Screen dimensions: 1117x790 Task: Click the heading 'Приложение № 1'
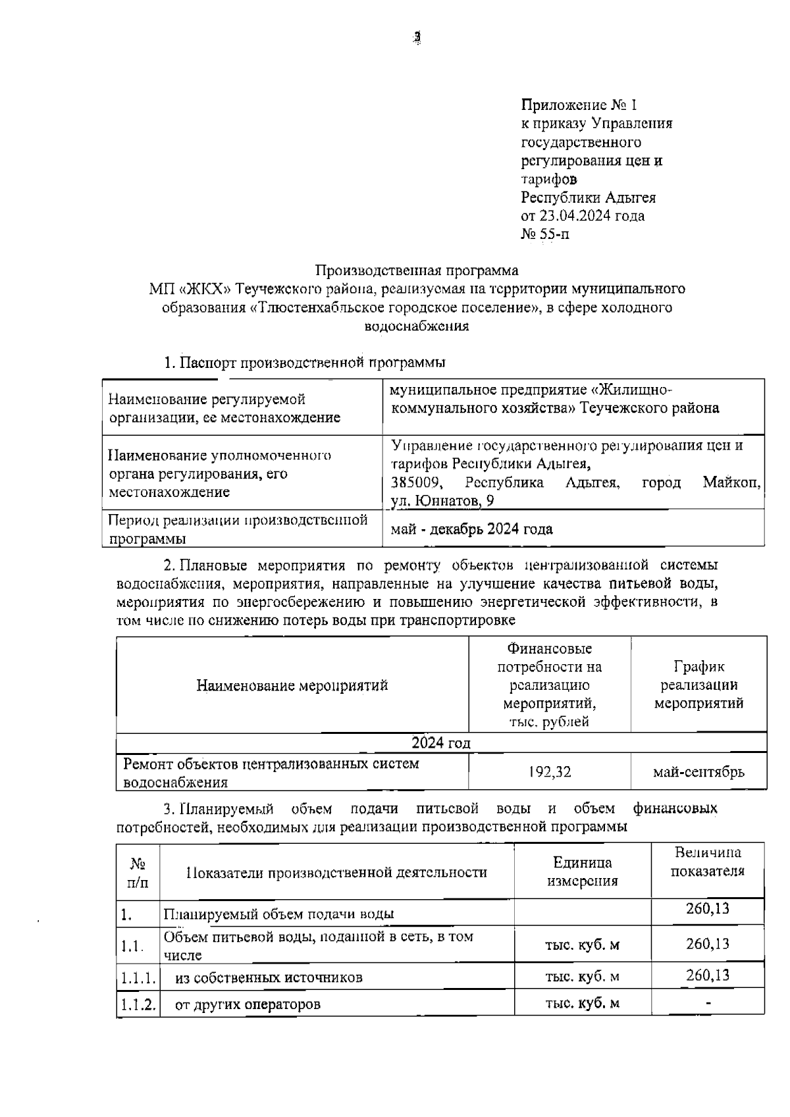[579, 105]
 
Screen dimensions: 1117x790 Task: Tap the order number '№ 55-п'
[545, 234]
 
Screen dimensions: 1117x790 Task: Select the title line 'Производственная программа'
[417, 270]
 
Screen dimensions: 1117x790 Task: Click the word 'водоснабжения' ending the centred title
[417, 325]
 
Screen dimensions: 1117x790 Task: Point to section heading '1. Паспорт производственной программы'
[304, 362]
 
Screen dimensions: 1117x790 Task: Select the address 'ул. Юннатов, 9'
[442, 501]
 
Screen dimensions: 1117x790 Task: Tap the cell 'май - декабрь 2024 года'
[471, 529]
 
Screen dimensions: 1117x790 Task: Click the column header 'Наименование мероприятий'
[292, 685]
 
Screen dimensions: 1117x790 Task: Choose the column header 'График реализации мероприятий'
[698, 685]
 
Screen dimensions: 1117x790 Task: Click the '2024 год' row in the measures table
[440, 742]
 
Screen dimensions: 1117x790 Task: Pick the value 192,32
[550, 772]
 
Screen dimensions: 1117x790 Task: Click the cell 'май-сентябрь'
[698, 772]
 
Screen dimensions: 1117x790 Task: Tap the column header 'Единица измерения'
[583, 871]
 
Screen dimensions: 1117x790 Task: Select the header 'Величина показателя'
[708, 862]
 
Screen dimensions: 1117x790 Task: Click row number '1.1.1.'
[138, 977]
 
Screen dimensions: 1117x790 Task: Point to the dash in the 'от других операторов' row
[708, 1004]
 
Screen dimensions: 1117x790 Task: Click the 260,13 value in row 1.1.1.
[708, 975]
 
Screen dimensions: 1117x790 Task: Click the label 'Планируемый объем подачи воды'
[279, 914]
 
